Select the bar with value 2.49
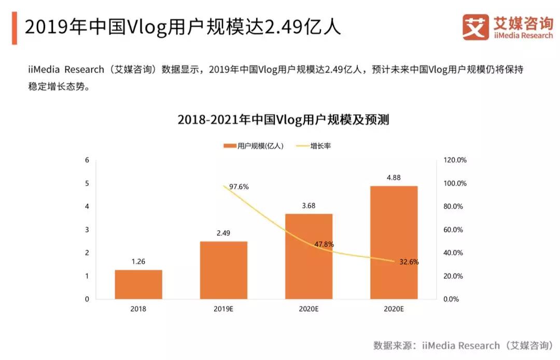(x=223, y=270)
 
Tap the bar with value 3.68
(x=309, y=256)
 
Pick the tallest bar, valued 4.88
(x=394, y=242)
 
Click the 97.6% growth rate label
(x=239, y=187)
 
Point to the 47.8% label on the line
(x=325, y=244)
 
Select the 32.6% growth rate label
(x=409, y=262)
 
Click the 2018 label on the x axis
(x=138, y=309)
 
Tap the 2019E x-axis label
(x=223, y=309)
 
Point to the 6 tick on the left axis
(x=87, y=160)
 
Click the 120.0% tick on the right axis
(x=455, y=160)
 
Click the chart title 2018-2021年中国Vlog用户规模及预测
(x=283, y=120)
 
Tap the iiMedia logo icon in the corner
(x=475, y=27)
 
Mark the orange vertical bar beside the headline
(x=14, y=27)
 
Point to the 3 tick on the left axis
(x=87, y=230)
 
